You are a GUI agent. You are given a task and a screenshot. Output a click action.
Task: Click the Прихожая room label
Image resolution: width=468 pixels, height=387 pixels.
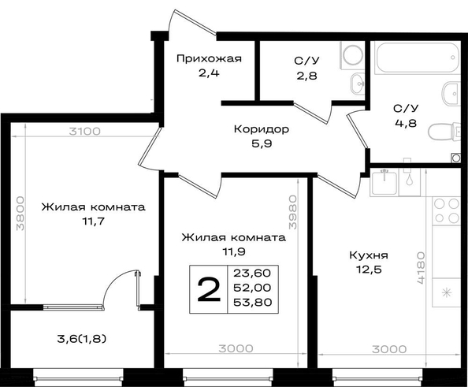pyautogui.click(x=209, y=58)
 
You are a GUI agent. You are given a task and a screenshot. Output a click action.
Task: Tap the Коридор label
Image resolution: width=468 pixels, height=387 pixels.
pyautogui.click(x=262, y=129)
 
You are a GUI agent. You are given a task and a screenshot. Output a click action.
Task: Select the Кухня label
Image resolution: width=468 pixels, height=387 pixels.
pyautogui.click(x=369, y=255)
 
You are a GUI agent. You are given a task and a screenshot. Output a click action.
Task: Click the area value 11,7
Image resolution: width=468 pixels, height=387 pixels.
pyautogui.click(x=94, y=221)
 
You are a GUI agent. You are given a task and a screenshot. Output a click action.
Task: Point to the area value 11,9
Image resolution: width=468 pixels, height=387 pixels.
pyautogui.click(x=234, y=251)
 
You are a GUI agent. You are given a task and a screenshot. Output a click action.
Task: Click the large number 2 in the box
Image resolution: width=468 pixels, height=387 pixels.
pyautogui.click(x=209, y=288)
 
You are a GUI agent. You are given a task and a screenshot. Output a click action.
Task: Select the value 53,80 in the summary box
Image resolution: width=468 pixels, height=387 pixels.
pyautogui.click(x=252, y=302)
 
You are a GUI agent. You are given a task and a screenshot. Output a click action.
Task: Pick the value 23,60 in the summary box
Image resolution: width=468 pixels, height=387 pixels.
pyautogui.click(x=252, y=273)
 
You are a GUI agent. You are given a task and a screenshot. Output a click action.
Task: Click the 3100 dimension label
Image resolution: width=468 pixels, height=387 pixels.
pyautogui.click(x=85, y=132)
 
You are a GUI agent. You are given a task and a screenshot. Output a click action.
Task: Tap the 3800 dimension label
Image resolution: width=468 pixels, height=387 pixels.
pyautogui.click(x=20, y=214)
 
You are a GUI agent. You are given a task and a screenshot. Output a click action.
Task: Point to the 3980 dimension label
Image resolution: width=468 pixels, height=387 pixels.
pyautogui.click(x=293, y=212)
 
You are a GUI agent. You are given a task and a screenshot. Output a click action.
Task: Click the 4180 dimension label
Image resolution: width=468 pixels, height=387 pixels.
pyautogui.click(x=421, y=267)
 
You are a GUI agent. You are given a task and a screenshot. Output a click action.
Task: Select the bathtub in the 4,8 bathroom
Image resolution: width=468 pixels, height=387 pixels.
pyautogui.click(x=417, y=57)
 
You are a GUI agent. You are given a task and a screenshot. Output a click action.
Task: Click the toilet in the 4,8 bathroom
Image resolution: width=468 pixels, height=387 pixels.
pyautogui.click(x=444, y=132)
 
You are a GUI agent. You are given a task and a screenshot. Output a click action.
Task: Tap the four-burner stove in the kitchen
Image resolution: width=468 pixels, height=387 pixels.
pyautogui.click(x=446, y=210)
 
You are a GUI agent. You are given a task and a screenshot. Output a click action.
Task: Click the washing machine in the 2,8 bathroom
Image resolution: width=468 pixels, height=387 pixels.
pyautogui.click(x=352, y=55)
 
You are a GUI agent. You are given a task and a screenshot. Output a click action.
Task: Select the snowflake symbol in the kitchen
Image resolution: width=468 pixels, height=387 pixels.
pyautogui.click(x=446, y=292)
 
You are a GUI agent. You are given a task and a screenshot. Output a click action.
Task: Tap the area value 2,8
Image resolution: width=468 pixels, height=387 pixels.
pyautogui.click(x=306, y=76)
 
